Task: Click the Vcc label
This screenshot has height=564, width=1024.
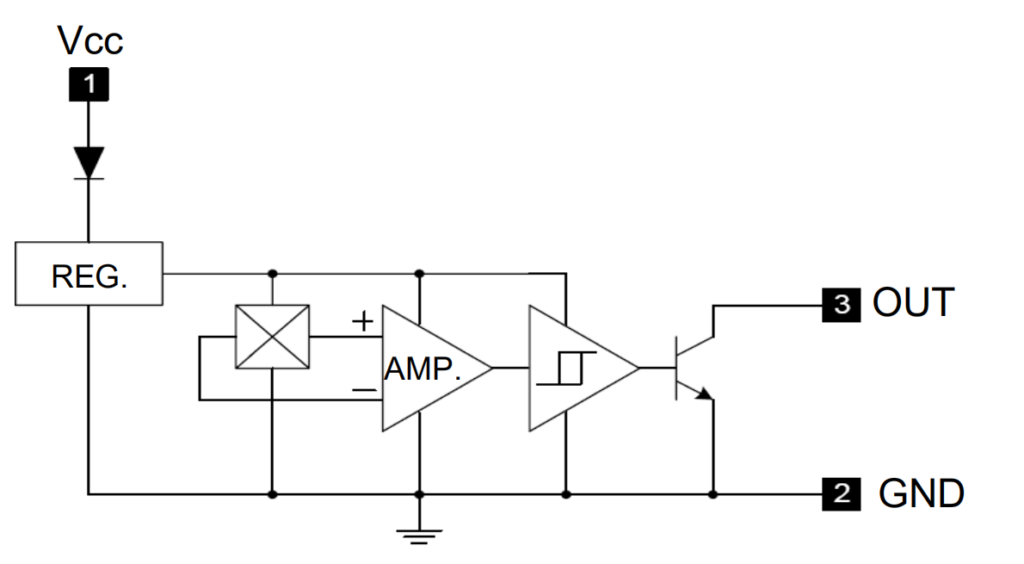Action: pos(89,40)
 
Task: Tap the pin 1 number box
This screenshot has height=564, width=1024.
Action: pos(89,84)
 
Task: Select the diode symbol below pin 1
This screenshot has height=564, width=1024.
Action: pos(89,163)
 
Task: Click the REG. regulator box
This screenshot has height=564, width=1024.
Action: pos(89,273)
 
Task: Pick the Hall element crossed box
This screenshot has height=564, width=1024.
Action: pos(272,337)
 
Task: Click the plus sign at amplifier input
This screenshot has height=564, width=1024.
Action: pos(363,322)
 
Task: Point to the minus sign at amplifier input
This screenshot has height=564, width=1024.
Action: pos(364,390)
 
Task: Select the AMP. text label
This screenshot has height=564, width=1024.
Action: pos(423,369)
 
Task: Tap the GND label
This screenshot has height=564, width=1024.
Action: pos(921,494)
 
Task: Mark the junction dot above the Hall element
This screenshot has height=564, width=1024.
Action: pos(272,274)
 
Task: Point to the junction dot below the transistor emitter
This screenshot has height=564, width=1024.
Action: pos(712,494)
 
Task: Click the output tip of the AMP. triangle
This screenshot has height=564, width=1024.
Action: pos(491,368)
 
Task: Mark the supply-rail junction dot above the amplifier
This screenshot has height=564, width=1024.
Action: pos(419,274)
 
